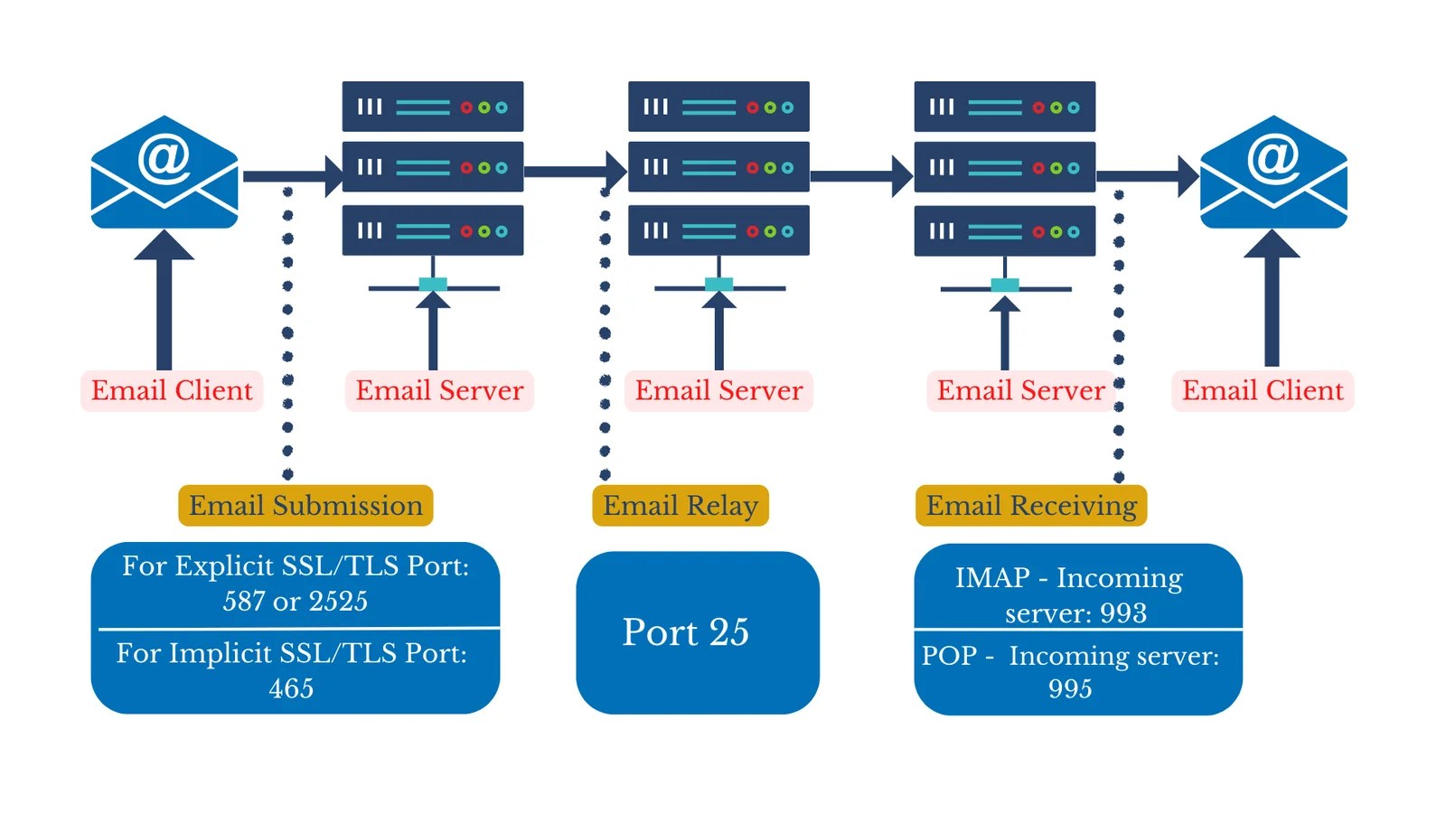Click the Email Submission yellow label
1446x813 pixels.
coord(305,505)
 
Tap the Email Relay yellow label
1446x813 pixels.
coord(680,505)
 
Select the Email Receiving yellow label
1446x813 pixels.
coord(1031,505)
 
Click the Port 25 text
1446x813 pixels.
coord(685,632)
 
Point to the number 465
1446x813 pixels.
coord(291,688)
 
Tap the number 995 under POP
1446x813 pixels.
coord(1070,688)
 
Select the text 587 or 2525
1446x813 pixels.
coord(296,601)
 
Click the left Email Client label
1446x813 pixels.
coord(172,390)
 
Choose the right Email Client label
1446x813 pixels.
coord(1263,390)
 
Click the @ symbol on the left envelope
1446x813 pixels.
coord(164,159)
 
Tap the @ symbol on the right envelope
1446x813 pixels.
coord(1273,159)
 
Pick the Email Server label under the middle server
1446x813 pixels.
coord(718,390)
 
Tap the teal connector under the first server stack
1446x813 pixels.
coord(433,285)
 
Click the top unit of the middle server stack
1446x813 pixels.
coord(718,107)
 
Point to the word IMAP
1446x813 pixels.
coord(992,577)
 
